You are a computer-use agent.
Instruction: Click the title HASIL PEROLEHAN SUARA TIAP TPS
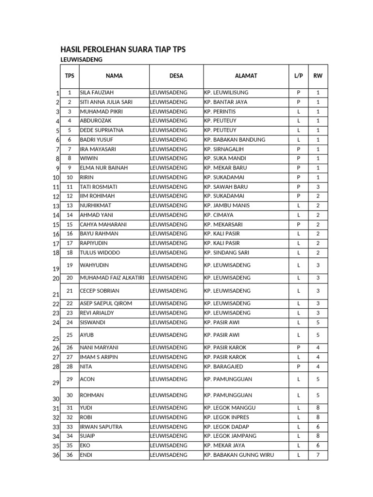point(122,50)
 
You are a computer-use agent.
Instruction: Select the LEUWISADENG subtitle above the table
point(81,60)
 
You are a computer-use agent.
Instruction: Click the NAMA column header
point(114,76)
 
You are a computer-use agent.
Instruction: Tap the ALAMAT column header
point(246,76)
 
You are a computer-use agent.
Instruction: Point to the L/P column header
point(298,76)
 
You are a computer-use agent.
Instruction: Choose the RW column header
point(318,76)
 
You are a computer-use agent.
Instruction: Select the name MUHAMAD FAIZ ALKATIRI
point(114,278)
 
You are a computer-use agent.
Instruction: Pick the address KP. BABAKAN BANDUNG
point(235,140)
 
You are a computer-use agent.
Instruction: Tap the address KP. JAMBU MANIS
point(227,206)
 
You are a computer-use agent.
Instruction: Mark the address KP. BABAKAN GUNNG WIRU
point(239,455)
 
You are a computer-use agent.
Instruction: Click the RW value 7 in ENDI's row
point(318,455)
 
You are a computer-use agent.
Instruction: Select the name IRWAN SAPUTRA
point(101,427)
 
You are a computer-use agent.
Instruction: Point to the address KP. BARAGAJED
point(224,367)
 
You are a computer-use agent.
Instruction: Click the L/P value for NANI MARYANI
point(298,348)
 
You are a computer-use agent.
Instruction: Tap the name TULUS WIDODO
point(100,253)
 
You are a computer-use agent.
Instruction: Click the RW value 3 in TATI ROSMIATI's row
point(318,187)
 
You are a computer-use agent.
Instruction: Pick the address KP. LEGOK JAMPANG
point(230,436)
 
